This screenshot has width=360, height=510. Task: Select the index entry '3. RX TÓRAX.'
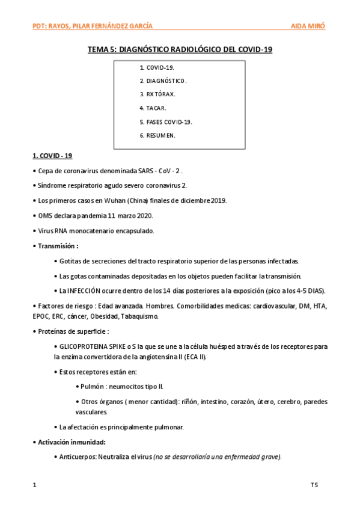point(157,94)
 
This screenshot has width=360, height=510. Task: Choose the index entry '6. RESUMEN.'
point(157,136)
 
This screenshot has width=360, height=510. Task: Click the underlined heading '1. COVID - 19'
point(52,156)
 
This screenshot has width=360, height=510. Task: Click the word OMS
point(45,215)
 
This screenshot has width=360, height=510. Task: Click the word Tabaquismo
point(139,316)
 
